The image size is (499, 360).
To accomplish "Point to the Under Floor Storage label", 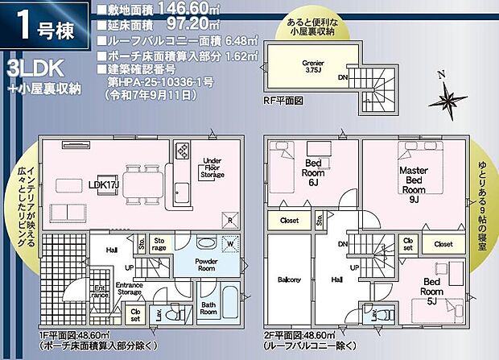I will [x=213, y=167].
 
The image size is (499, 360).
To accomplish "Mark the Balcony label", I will [x=288, y=279].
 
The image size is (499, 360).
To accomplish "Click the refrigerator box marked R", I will [x=231, y=220].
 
